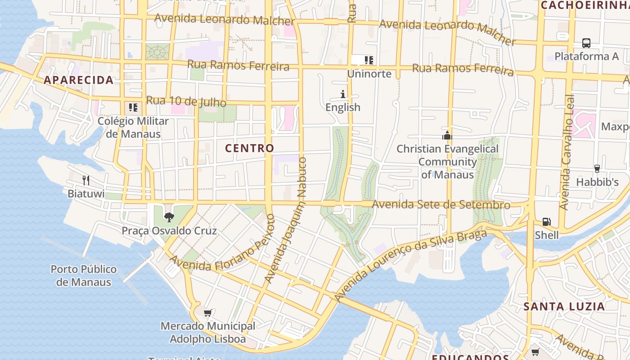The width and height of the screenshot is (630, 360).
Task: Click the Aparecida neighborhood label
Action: [x=78, y=80]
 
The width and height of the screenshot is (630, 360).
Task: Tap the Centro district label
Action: [x=249, y=148]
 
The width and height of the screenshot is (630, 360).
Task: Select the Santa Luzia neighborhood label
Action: [x=564, y=306]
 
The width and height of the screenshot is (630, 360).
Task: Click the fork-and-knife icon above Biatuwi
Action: [x=86, y=180]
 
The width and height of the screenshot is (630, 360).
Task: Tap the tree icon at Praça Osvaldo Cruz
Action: [x=169, y=217]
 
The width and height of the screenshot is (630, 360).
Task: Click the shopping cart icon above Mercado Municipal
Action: [x=207, y=312]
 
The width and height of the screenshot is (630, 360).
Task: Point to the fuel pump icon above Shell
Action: [x=546, y=222]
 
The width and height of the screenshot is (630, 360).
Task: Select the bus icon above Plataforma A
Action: [x=586, y=43]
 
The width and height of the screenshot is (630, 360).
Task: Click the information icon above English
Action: [x=343, y=94]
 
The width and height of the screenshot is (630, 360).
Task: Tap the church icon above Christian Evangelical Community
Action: [x=447, y=135]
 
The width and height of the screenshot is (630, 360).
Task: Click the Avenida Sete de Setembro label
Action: [x=441, y=205]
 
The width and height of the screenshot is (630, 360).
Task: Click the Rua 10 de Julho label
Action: [x=186, y=101]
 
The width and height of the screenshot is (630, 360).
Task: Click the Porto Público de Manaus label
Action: [x=83, y=275]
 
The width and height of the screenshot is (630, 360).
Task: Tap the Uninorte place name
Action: [x=369, y=74]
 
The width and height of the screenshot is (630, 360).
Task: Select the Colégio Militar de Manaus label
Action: [x=133, y=127]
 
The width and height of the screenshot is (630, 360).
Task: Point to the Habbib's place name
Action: [x=597, y=182]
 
